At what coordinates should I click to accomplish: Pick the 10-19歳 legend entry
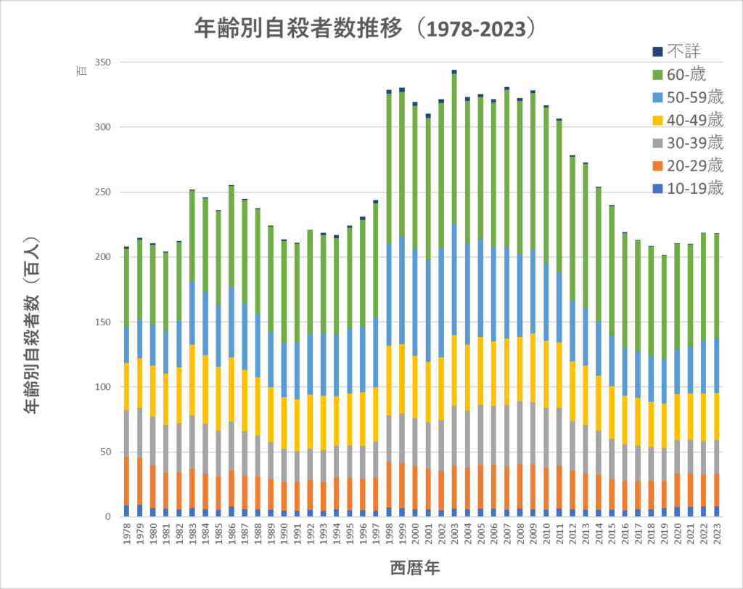click(695, 188)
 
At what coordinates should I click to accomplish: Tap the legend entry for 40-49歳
click(695, 119)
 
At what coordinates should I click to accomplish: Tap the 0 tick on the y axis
click(107, 517)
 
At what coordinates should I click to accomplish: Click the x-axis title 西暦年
click(414, 566)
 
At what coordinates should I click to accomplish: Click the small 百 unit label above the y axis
click(82, 70)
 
